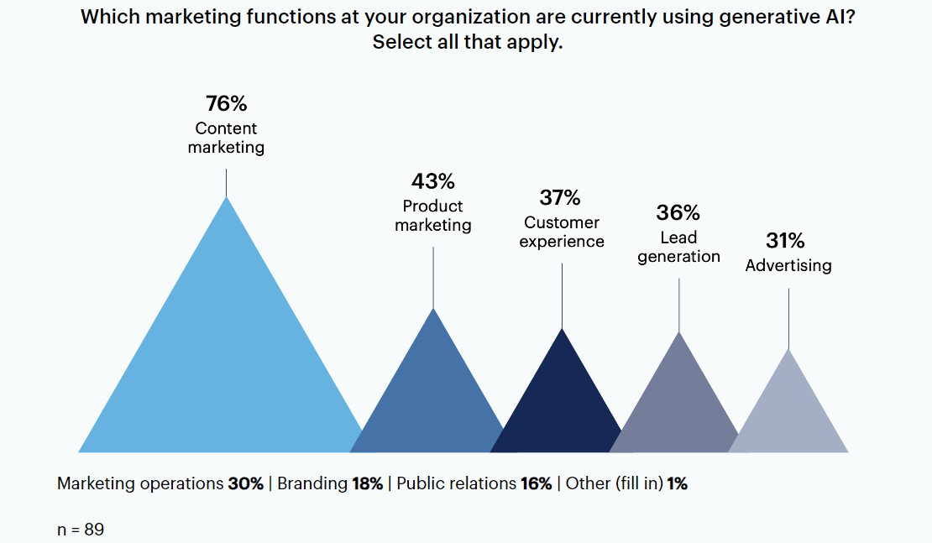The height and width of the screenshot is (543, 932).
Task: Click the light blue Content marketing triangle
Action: point(225,361)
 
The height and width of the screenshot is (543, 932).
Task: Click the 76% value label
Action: point(226,104)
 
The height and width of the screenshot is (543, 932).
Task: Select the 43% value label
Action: point(432,181)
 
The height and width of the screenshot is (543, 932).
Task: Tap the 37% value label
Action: point(560,198)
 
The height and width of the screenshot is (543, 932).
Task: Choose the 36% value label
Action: point(678,213)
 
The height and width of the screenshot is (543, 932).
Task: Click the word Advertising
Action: point(788,265)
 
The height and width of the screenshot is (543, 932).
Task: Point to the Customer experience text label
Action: point(562,232)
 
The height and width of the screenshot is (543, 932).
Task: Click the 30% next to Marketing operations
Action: point(245,483)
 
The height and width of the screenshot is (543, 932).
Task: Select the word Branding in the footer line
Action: point(312,483)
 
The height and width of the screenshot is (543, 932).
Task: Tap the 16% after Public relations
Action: point(536,483)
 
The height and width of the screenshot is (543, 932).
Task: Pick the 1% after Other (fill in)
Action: point(678,483)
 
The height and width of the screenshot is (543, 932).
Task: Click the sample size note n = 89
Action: point(81,530)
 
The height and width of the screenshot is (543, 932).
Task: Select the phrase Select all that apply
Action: point(467,42)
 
